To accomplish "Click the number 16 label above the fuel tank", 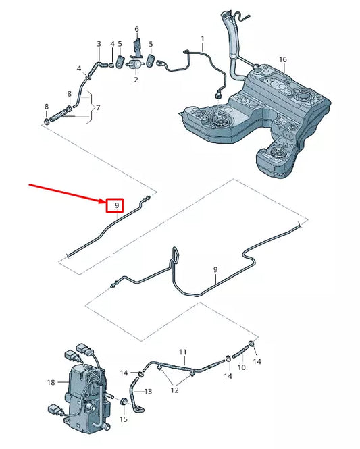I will point(282,60).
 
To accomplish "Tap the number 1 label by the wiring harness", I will point(201,38).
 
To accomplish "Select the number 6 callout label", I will point(136,30).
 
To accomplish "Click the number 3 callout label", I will point(99,45).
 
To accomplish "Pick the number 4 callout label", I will point(79,69).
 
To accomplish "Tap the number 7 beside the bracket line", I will point(99,108).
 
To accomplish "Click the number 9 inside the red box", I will point(117,204).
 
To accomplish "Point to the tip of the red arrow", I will point(104,200).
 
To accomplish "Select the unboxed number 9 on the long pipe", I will point(216,271).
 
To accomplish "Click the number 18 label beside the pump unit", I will point(50,383).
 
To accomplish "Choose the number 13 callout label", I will point(149,392).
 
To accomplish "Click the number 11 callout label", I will point(182,352).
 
